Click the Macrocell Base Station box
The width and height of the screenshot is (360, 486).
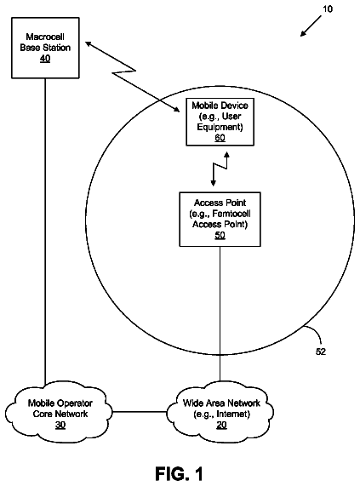(45, 48)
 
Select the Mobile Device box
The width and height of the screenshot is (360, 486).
(220, 122)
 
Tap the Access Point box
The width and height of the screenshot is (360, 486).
(220, 219)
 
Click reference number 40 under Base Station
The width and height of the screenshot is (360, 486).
(45, 59)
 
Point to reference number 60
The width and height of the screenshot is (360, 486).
(220, 138)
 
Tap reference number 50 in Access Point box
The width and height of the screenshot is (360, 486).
(220, 235)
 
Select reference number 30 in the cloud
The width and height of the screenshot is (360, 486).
(60, 425)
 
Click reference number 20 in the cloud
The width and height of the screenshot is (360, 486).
(221, 425)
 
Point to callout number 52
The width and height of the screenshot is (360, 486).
(321, 352)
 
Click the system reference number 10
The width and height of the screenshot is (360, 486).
(328, 9)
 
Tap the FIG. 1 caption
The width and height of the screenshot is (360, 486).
(179, 473)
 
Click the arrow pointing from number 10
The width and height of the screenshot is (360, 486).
(311, 26)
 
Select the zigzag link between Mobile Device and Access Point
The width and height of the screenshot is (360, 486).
(220, 169)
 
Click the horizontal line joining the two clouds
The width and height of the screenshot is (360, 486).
(140, 412)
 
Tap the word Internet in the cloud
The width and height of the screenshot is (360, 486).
(231, 415)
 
